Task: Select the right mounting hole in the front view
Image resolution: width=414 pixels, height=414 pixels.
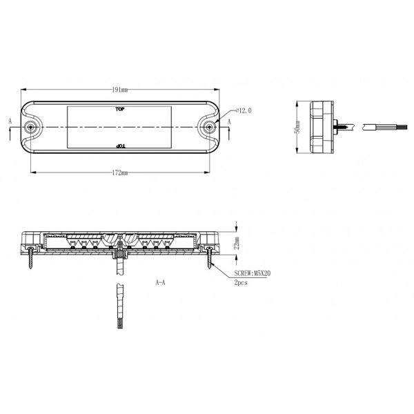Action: click(x=209, y=128)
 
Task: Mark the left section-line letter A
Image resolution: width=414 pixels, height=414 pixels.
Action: click(x=10, y=119)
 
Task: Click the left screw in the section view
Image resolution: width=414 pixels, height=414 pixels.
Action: click(x=30, y=259)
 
